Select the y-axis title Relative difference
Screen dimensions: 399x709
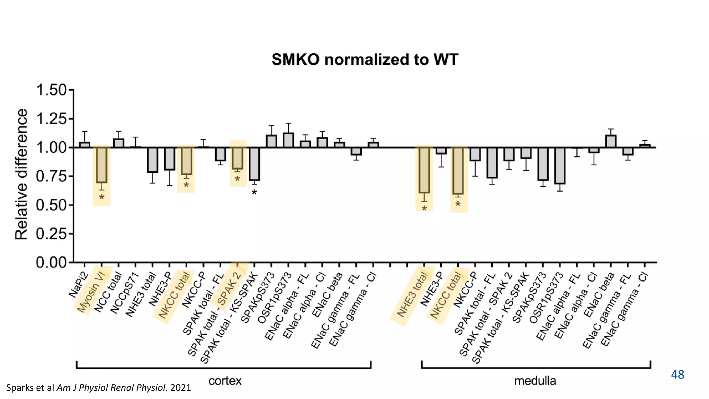[x=21, y=174]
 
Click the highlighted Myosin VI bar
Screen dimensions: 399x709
[x=101, y=165]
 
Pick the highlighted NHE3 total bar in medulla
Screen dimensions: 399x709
[x=424, y=170]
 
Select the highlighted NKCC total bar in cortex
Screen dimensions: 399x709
[x=186, y=161]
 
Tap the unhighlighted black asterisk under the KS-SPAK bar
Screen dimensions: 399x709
[x=254, y=193]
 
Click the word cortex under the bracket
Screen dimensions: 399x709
[x=225, y=381]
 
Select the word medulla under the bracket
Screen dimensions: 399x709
[x=535, y=381]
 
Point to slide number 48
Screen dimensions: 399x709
[x=677, y=374]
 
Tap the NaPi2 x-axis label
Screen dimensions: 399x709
[x=78, y=285]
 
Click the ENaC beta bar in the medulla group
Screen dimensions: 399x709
[x=611, y=141]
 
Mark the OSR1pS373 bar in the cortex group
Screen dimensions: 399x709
[x=288, y=140]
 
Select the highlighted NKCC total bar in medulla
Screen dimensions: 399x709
[x=458, y=170]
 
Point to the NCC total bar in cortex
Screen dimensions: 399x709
[x=118, y=143]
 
